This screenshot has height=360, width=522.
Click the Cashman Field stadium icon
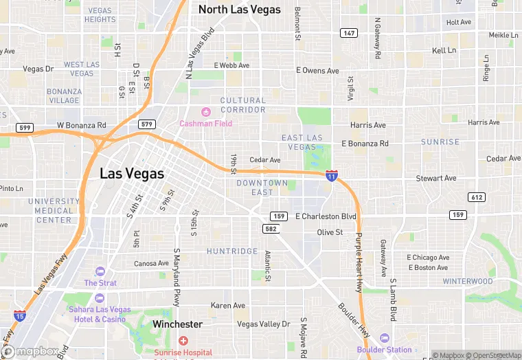pos(205,112)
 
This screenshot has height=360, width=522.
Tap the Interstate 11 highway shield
pos(332,176)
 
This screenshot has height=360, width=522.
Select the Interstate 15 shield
pos(20,316)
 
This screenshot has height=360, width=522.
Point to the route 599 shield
pos(24,127)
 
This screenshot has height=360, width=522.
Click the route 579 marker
pos(146,124)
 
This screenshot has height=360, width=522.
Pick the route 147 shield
pos(348,33)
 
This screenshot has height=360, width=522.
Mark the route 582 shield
pos(271,229)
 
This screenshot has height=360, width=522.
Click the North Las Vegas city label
pos(239,10)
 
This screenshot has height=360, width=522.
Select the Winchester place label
pos(178,324)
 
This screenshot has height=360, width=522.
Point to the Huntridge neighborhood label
pos(232,251)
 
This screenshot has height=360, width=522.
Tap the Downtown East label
pos(262,188)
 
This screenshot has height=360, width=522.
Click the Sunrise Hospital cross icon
pos(183,341)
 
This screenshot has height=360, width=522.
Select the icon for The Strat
pos(100,271)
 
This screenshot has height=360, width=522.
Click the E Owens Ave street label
pos(317,70)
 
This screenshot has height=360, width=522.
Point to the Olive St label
pos(330,232)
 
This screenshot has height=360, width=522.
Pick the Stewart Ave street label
pos(436,179)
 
